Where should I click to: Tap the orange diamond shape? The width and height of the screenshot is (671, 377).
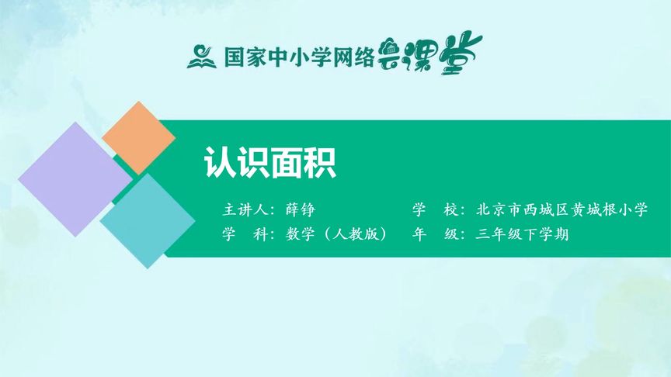click(138, 137)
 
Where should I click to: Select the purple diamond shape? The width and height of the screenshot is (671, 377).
click(75, 179)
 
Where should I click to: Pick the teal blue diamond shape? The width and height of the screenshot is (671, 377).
click(147, 220)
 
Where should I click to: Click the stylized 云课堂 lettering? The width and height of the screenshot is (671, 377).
click(429, 54)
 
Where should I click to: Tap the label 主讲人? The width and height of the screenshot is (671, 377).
click(245, 210)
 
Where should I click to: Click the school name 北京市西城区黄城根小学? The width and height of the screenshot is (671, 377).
click(561, 210)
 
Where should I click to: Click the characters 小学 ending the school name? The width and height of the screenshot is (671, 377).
click(631, 210)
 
